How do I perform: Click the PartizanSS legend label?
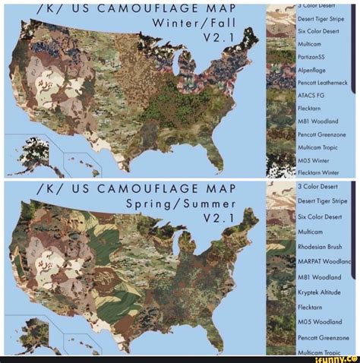tap(311, 55)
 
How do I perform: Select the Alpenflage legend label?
tap(311, 68)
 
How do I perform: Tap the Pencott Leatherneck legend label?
tap(321, 81)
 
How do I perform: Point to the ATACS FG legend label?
tap(310, 94)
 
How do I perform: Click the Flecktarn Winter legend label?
tap(317, 172)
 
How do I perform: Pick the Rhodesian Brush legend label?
tap(320, 246)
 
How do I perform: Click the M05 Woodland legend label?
tap(316, 322)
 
